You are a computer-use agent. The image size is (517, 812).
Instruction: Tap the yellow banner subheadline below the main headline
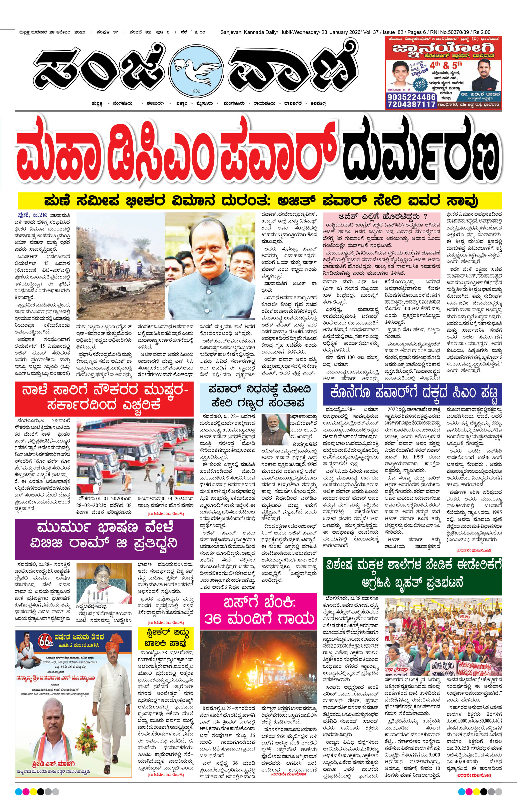260,201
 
